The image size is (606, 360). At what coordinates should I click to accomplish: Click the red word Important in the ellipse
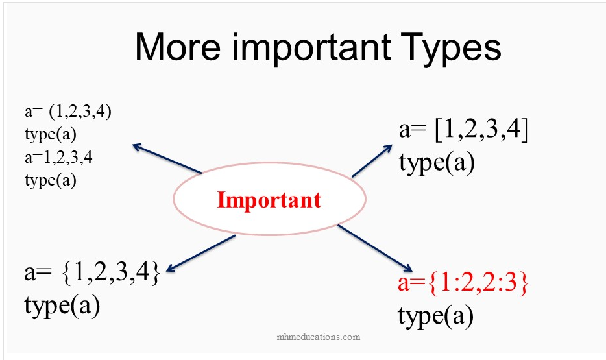click(x=269, y=200)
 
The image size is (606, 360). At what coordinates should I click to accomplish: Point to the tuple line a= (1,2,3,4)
click(x=68, y=112)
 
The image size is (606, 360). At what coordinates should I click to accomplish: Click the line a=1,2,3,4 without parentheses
click(x=58, y=157)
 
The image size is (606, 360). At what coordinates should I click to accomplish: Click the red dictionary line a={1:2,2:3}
click(x=463, y=282)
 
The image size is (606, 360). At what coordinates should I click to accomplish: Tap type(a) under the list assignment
click(x=437, y=163)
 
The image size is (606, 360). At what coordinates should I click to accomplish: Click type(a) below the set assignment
click(x=62, y=306)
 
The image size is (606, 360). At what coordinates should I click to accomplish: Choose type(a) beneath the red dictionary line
click(x=435, y=316)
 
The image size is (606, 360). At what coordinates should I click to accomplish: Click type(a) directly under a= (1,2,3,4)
click(x=51, y=134)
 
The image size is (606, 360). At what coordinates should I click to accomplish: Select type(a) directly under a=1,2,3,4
click(x=51, y=180)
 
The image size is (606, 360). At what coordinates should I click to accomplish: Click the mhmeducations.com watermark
click(x=319, y=337)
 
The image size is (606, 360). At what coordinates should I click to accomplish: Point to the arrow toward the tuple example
click(x=167, y=159)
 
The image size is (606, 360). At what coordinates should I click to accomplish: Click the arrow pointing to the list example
click(x=372, y=161)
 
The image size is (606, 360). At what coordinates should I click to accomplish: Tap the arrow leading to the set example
click(x=200, y=254)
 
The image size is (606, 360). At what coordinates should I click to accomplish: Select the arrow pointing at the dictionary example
click(x=375, y=248)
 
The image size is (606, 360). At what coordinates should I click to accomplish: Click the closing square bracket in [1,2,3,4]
click(x=524, y=130)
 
